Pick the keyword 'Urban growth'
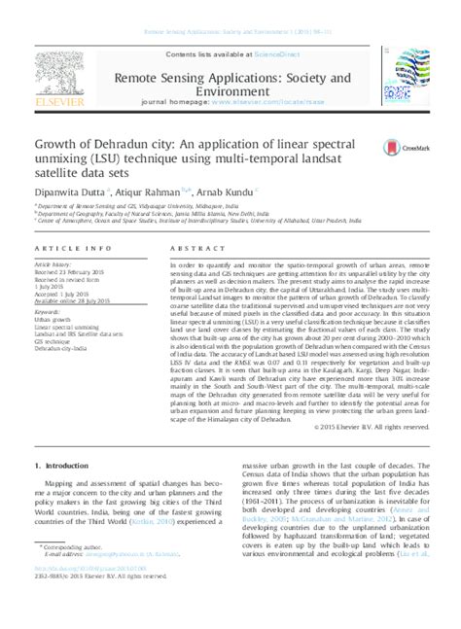[53, 319]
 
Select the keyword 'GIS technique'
[54, 339]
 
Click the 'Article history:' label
[54, 264]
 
